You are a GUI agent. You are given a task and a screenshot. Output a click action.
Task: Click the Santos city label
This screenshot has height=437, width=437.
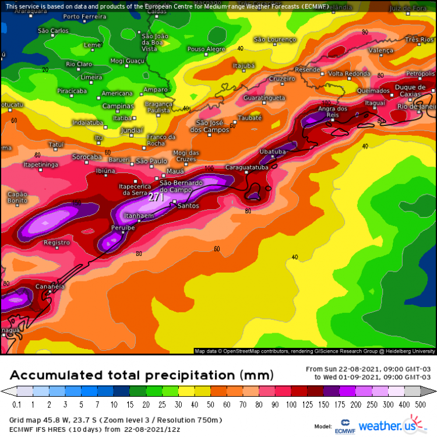pos(188,206)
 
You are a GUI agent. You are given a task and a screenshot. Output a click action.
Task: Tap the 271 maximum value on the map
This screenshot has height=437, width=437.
pos(156,198)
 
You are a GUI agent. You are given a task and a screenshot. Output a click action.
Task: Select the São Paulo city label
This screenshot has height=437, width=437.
pos(151,161)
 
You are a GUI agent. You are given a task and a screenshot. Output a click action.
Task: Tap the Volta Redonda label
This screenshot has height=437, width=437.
pos(349,74)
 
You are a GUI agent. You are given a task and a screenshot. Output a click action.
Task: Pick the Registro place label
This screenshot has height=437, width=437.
pos(57,242)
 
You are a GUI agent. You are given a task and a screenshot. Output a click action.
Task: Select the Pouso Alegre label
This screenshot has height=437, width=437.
pos(206,50)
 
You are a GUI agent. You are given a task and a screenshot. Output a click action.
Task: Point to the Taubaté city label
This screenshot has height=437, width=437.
pos(250,118)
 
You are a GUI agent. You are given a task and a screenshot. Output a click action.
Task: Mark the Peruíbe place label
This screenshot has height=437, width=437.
pos(123,228)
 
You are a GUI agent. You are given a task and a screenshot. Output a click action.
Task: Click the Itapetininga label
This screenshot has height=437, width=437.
pos(41,165)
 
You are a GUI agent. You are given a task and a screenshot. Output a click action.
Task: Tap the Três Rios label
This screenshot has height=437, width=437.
pos(420,40)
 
